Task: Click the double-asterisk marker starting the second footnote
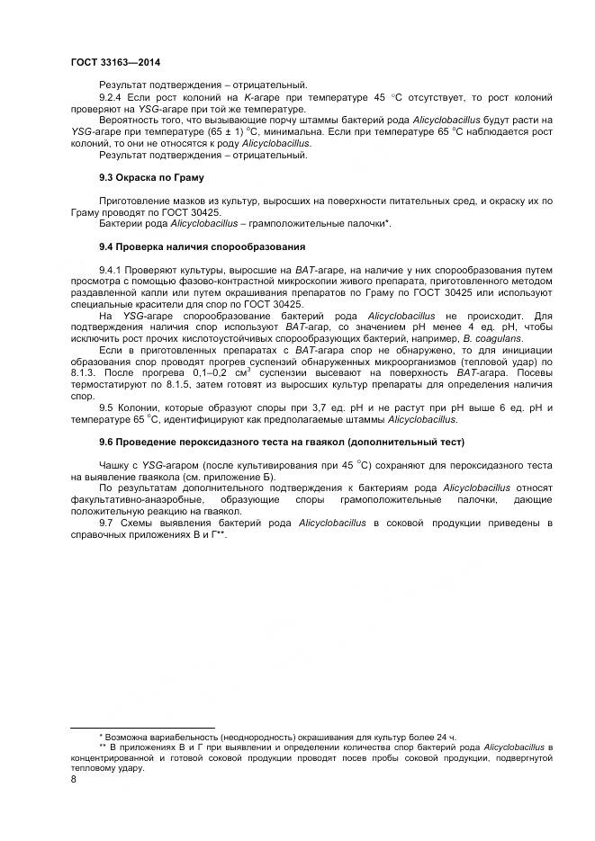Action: (x=104, y=747)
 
